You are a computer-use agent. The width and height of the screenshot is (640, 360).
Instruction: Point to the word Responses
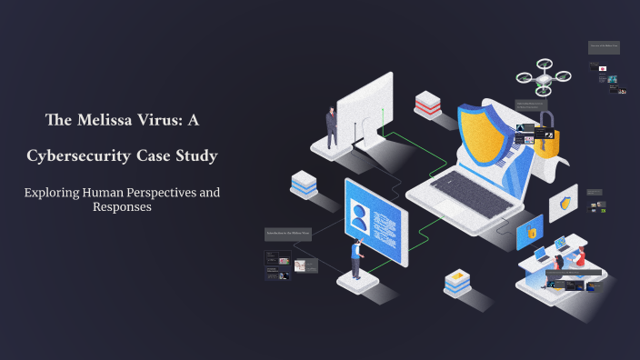[x=122, y=206]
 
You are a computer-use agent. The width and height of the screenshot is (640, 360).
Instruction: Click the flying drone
[x=544, y=78]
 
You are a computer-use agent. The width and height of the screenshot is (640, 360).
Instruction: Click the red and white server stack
[x=426, y=105]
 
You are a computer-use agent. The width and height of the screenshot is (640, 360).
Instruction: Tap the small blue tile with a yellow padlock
[x=529, y=233]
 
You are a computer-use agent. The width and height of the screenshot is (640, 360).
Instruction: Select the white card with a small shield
[x=565, y=204]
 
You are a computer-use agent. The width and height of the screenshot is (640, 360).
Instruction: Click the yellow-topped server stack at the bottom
[x=456, y=283]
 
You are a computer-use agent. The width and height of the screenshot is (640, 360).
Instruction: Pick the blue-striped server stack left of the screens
[x=304, y=183]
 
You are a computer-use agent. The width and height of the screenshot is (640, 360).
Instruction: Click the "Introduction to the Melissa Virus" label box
[x=288, y=234]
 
